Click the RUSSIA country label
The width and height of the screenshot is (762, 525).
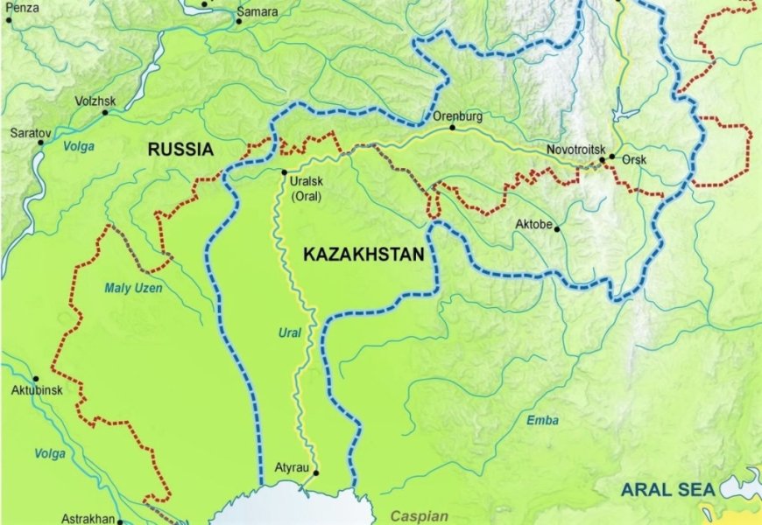(180, 150)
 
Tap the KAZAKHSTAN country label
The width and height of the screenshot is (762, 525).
(363, 255)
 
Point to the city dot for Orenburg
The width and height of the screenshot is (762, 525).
(453, 128)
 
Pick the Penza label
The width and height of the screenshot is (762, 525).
(21, 7)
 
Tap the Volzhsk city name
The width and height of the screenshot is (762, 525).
(95, 101)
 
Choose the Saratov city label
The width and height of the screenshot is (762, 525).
(31, 133)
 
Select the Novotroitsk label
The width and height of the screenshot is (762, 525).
(575, 150)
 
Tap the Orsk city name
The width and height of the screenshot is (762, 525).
(633, 161)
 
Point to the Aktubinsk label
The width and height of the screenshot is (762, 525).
(37, 390)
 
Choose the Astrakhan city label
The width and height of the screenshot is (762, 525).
(88, 519)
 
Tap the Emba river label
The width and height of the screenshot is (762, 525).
(542, 421)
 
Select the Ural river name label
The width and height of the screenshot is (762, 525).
(290, 333)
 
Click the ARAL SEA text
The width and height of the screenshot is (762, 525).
(668, 490)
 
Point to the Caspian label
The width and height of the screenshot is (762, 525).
(419, 516)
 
